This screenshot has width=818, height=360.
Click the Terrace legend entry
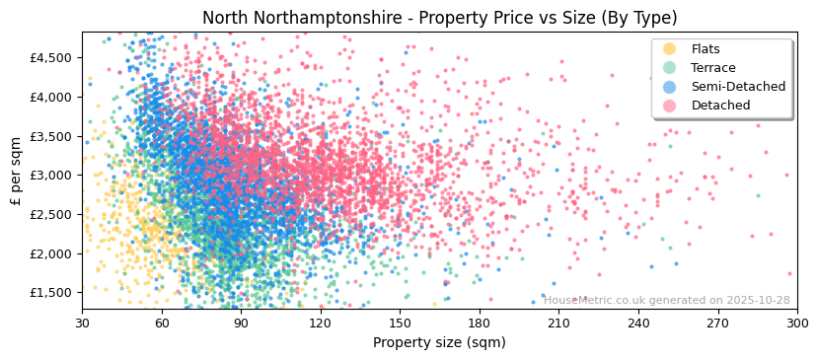coord(713,68)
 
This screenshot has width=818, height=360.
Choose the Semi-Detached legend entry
coord(738,87)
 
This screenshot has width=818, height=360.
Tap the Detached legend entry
coord(720,106)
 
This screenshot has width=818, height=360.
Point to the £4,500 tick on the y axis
coord(50,58)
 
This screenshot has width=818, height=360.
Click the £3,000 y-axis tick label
coord(50,176)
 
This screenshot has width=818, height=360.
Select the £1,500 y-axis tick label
coord(50,293)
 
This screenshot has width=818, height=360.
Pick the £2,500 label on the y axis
coord(50,215)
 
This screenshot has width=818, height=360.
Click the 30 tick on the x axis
coord(82,324)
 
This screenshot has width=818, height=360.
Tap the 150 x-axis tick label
coord(400,324)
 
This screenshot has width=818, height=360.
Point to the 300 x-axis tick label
coord(796,324)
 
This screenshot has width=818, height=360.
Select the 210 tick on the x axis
coord(558,324)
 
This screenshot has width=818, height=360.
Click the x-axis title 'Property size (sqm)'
coord(439,343)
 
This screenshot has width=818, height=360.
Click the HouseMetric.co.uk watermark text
coord(667,301)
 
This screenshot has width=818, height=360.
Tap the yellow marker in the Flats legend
coord(670,49)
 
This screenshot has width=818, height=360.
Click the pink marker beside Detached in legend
coord(670,106)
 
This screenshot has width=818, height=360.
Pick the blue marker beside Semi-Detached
coord(670,87)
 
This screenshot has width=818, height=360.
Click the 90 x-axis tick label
coord(241,324)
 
